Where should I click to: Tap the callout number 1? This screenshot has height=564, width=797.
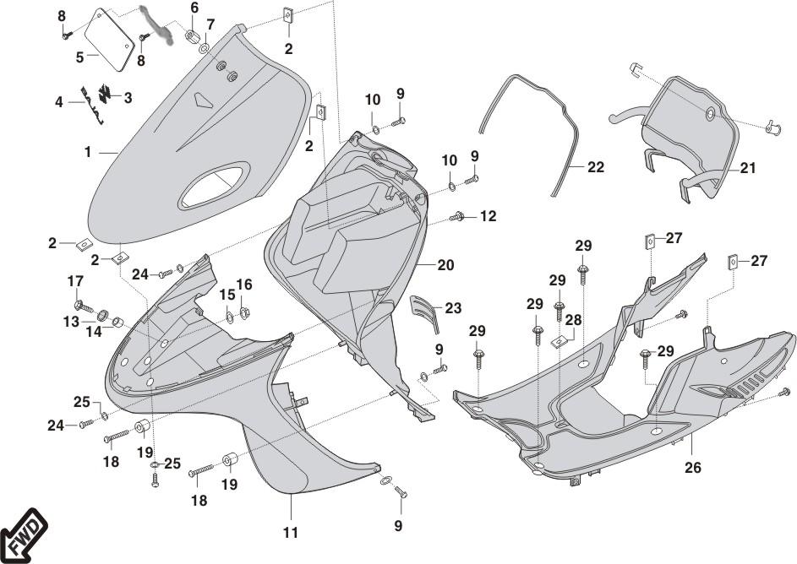point(88,152)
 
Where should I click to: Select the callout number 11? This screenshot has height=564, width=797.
point(290,533)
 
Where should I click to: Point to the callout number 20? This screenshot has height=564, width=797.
point(445,265)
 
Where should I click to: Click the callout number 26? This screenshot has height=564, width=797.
point(692,467)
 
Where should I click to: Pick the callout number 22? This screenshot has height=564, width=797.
point(596,168)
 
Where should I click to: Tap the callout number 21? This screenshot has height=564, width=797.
point(747,169)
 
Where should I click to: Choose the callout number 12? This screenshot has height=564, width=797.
point(488,216)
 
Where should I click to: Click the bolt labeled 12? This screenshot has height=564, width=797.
point(459,217)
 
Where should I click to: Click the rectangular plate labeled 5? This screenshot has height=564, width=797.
point(109,41)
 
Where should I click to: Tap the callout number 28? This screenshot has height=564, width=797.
point(575,321)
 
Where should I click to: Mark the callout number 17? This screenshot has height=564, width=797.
point(76,281)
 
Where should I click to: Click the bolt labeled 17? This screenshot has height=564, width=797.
point(79,304)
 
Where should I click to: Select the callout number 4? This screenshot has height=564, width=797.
point(59,102)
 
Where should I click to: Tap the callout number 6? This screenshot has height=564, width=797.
point(194,8)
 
